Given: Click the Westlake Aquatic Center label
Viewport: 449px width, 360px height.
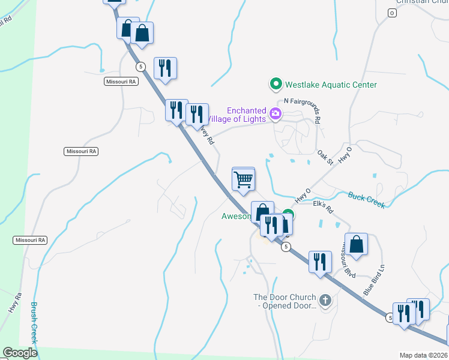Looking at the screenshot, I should tap(331, 85).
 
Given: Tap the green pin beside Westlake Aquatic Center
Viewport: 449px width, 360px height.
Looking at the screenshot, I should tap(276, 85).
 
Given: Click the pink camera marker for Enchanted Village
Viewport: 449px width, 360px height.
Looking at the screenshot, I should tap(276, 113).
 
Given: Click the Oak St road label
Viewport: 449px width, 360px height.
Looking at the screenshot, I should tap(326, 158).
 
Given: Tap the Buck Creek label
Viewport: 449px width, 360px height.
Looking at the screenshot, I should tap(367, 200).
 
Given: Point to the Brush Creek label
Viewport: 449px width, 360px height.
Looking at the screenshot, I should tap(34, 323).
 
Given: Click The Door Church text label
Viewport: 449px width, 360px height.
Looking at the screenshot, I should tap(285, 301).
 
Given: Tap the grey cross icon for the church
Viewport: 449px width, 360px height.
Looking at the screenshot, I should tap(326, 300).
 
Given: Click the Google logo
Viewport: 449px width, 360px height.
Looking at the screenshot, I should tap(20, 353).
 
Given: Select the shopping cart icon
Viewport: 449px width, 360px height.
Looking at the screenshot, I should tap(244, 179).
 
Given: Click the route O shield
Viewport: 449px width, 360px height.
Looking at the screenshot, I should tap(392, 13).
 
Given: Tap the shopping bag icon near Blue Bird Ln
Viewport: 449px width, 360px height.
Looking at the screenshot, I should tap(357, 244).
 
